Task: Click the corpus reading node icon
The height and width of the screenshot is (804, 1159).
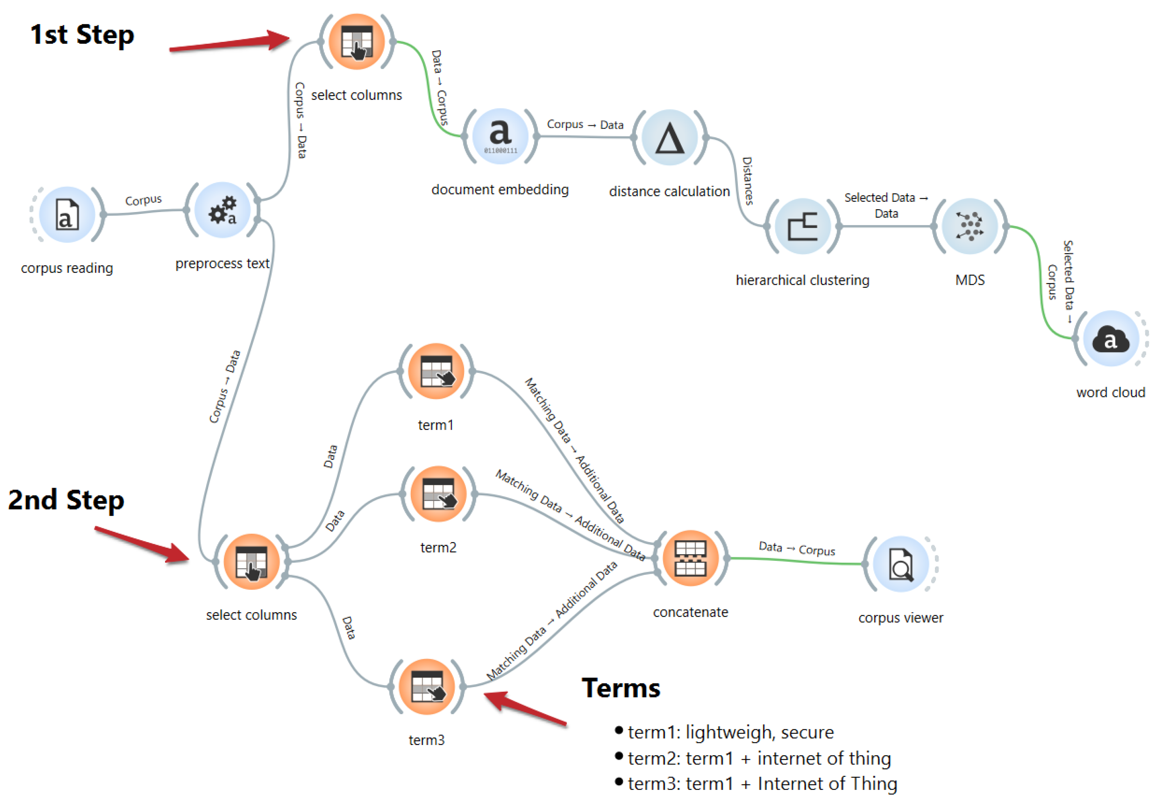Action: coord(67,215)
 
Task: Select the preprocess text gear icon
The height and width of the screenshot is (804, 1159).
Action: coord(223,211)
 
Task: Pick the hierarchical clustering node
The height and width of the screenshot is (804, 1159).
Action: coord(802,226)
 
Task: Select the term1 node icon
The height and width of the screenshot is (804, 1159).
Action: coord(436,371)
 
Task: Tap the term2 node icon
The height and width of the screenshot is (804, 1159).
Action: coord(438,494)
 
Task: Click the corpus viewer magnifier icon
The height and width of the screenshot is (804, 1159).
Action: coord(900,564)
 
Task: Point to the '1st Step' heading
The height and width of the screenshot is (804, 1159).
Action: coord(82,35)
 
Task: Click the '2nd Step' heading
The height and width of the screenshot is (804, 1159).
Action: coord(66,500)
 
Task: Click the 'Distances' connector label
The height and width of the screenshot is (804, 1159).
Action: coord(747,180)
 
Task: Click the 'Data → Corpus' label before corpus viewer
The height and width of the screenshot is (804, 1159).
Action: coord(796,549)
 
